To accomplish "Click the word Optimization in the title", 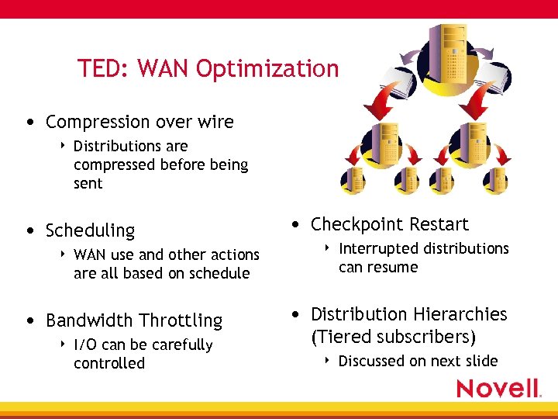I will coord(267,70).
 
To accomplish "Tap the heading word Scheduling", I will coord(90,231).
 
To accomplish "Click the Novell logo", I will coord(498,388).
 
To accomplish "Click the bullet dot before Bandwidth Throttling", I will coord(29,320).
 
